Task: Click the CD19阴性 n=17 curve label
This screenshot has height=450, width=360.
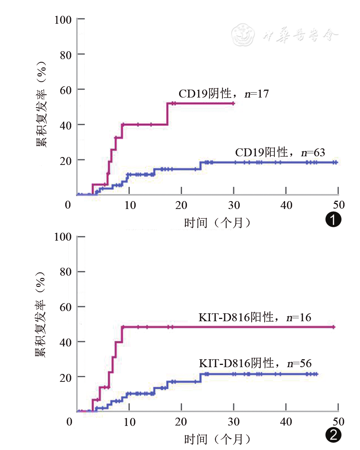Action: tap(224, 94)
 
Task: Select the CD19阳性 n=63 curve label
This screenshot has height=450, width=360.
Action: tap(280, 153)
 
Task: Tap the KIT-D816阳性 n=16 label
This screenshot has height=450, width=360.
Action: tap(255, 317)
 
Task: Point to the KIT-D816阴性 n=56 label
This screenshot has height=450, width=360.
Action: tap(255, 363)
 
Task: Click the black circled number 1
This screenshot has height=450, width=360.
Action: tap(333, 219)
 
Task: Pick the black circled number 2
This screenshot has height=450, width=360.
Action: tap(333, 435)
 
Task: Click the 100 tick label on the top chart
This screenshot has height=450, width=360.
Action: tap(63, 19)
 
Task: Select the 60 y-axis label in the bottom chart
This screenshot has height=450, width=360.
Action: tap(66, 307)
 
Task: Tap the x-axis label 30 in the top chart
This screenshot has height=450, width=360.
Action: tap(234, 205)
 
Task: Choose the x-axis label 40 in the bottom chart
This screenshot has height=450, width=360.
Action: tap(286, 422)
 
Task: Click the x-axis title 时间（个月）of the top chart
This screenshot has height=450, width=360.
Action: tap(218, 223)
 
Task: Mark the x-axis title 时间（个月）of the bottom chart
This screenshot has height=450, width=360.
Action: tap(218, 439)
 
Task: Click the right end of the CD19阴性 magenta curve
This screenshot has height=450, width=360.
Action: tap(234, 103)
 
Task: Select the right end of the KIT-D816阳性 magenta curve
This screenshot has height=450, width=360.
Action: tap(334, 327)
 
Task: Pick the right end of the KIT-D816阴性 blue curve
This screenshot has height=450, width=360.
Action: tap(317, 374)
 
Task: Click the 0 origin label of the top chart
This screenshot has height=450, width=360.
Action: tap(68, 205)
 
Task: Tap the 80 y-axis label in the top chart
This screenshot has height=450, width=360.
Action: tap(66, 54)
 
